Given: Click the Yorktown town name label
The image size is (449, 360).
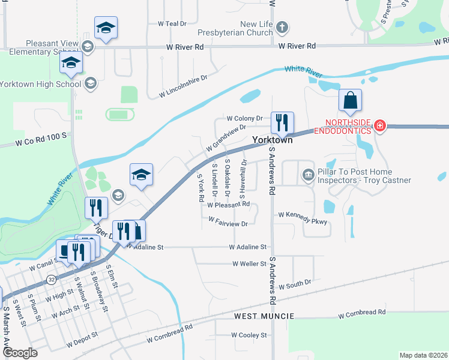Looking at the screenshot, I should [x=272, y=139].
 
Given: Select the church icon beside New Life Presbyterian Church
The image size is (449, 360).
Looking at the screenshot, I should [x=283, y=28].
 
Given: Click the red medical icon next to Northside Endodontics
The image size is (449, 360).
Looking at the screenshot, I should [x=379, y=125].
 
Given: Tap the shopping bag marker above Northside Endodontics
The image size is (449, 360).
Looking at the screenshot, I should [x=350, y=100].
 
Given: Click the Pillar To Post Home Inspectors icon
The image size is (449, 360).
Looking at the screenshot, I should [x=308, y=175].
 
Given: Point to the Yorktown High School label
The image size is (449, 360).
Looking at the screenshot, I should [x=40, y=84].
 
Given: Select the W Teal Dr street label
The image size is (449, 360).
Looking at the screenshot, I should [x=172, y=23].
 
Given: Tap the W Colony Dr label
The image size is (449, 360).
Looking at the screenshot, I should [x=244, y=118].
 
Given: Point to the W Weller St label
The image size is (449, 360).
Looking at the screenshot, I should [x=249, y=263].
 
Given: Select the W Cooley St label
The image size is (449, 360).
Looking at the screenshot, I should [x=249, y=335].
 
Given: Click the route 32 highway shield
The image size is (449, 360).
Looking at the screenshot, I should [x=52, y=280].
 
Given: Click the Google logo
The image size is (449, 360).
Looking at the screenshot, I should [x=20, y=353].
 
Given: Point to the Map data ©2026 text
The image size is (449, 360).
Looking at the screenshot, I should [x=423, y=355].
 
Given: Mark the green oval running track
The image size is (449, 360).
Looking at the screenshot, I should [x=120, y=113].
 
